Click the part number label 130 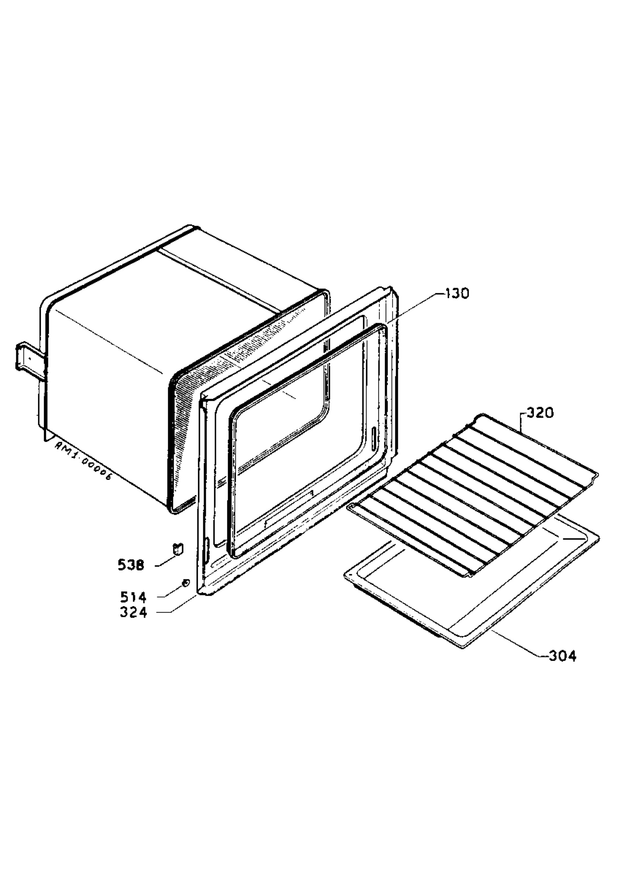[457, 293]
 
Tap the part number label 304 [563, 656]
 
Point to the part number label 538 [131, 565]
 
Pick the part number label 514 [133, 597]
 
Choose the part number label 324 [133, 612]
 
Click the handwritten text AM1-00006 [83, 461]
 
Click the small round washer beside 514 [186, 583]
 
